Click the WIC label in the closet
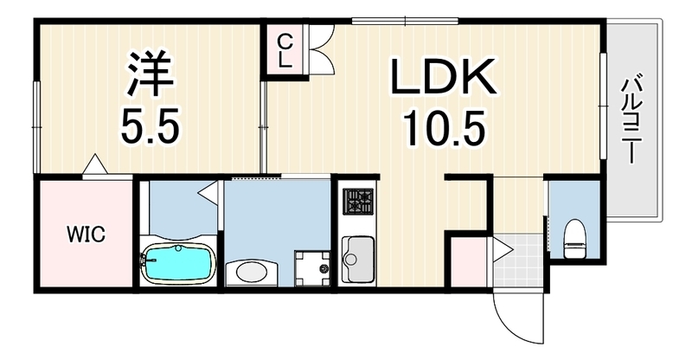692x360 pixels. point(86,234)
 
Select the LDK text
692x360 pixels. point(443,76)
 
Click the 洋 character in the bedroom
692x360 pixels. point(150,74)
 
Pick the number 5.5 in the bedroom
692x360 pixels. point(150,125)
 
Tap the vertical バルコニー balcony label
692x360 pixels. point(631,120)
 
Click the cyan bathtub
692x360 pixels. point(178,263)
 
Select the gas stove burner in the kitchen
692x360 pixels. point(358,202)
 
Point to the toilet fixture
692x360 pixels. point(574,239)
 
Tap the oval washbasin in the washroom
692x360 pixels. point(251,273)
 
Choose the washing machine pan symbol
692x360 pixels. point(312,267)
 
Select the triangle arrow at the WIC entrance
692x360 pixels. point(95,164)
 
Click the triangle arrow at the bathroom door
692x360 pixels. point(208,192)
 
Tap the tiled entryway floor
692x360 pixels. point(518,261)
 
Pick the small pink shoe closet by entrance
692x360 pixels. point(469,262)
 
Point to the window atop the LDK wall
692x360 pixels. point(405,21)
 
